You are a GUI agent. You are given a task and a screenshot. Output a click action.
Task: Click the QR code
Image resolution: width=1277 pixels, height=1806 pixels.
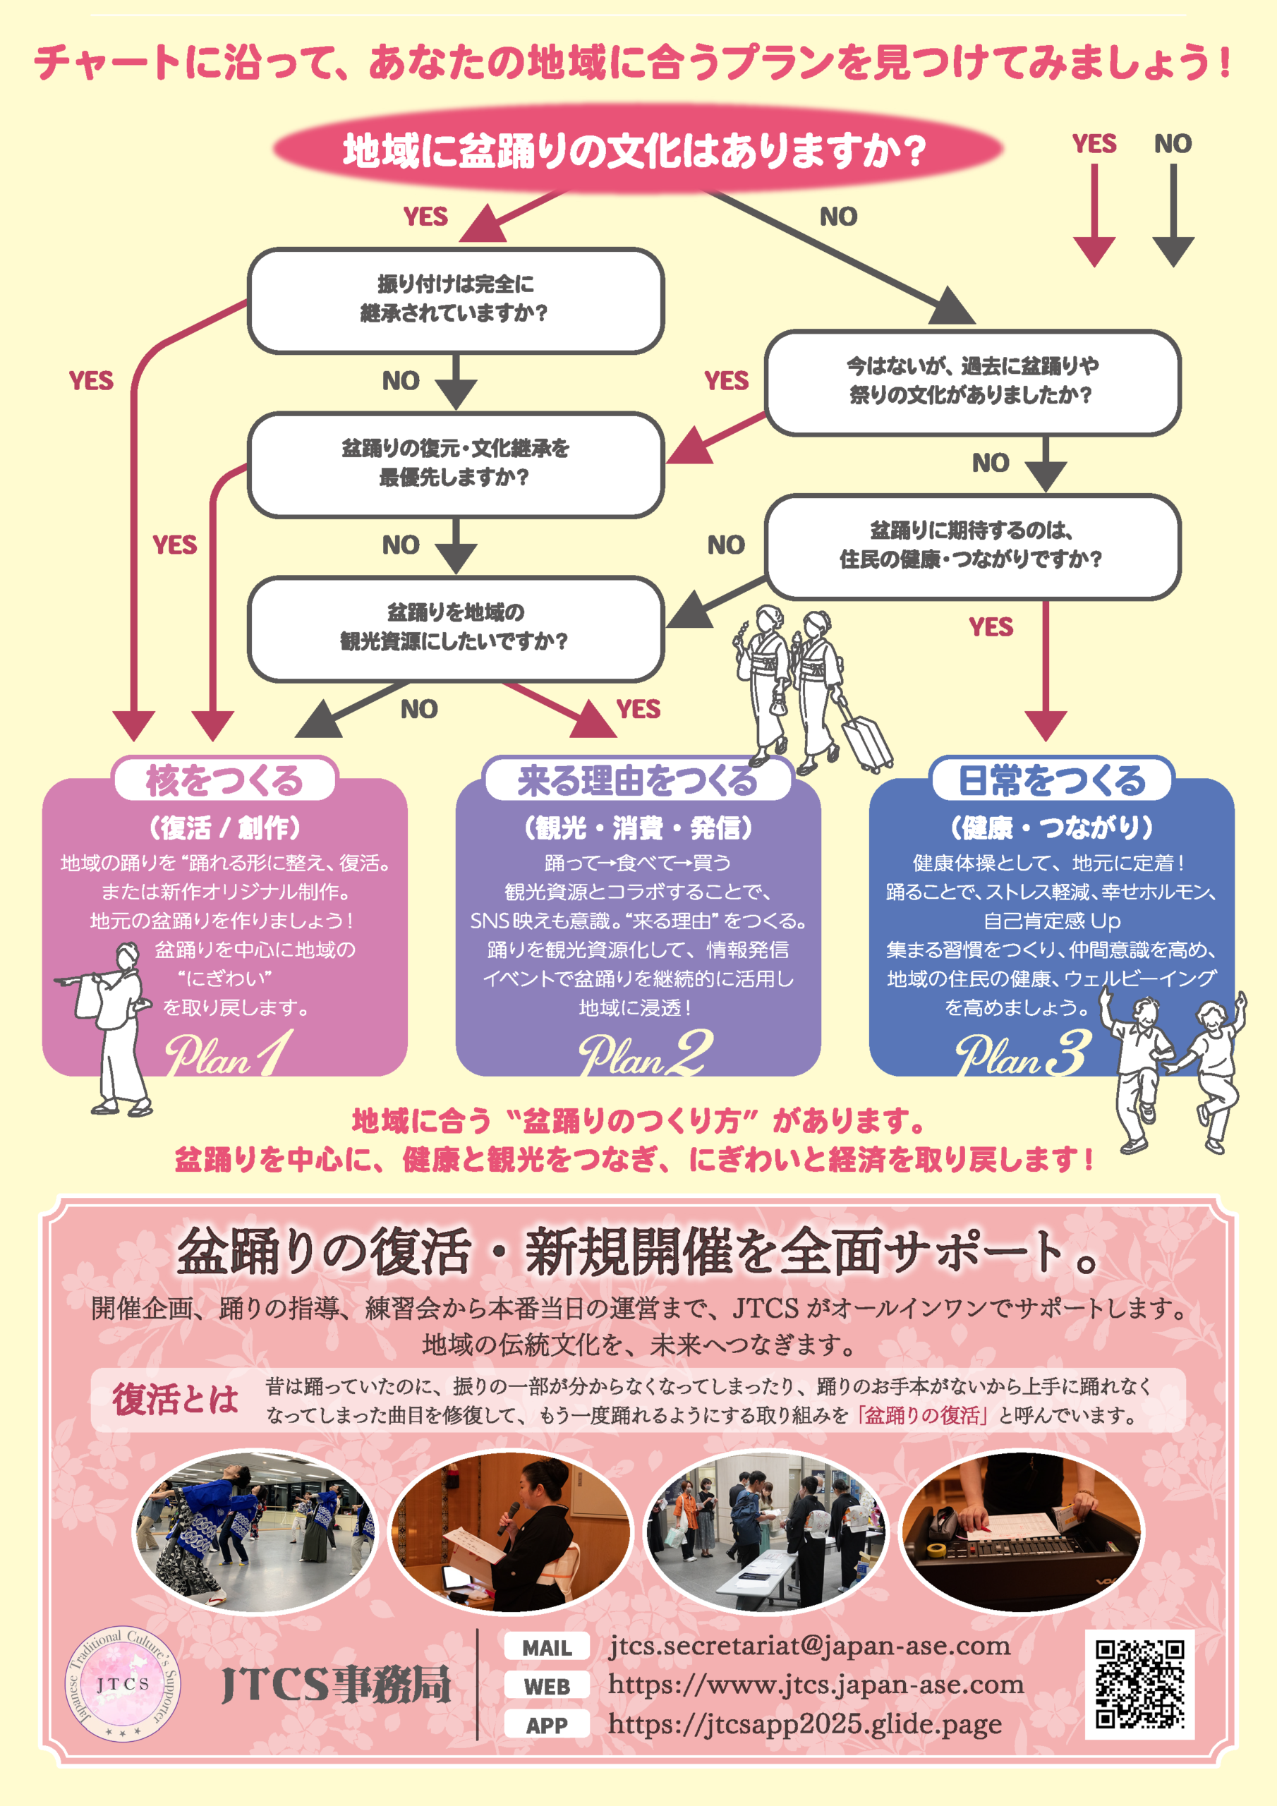(1139, 1684)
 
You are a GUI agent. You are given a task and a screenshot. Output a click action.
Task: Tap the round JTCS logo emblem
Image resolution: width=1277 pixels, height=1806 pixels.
(123, 1683)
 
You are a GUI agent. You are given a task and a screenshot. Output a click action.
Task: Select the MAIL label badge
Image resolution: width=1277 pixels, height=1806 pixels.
(547, 1648)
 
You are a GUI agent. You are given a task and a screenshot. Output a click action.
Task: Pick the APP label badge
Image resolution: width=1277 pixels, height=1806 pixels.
(547, 1725)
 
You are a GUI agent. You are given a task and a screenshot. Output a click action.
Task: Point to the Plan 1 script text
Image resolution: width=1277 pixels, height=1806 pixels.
(228, 1054)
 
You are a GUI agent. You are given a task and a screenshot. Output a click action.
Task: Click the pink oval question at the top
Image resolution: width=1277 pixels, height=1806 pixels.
(637, 150)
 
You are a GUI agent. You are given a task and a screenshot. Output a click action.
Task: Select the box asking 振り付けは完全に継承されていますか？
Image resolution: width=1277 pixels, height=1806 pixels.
(456, 300)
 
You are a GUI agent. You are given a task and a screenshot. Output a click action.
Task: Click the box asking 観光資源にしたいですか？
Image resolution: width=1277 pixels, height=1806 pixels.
(456, 628)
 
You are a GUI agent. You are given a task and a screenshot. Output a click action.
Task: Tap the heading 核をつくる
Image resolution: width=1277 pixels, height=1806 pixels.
(225, 780)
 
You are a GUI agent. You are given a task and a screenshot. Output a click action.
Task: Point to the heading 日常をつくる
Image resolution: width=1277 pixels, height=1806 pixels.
(1052, 780)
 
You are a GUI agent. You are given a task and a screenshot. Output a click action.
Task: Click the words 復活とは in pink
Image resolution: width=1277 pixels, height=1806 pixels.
(176, 1400)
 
